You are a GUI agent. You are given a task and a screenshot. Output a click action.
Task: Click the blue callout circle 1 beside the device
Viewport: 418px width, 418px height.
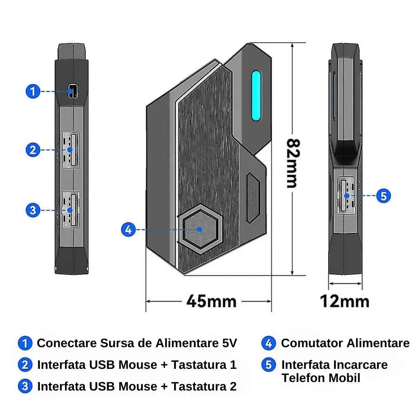tap(33, 91)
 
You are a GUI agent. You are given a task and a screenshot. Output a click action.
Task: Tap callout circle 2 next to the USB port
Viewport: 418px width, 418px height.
tap(33, 150)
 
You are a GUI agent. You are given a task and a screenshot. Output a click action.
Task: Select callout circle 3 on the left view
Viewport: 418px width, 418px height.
tap(33, 210)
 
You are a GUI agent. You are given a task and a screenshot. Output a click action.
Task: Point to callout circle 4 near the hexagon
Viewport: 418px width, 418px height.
tap(128, 230)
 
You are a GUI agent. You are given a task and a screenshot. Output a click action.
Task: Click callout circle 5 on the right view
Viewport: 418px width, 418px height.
tap(383, 196)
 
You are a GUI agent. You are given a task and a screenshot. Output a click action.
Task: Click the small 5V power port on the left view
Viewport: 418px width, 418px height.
tap(72, 91)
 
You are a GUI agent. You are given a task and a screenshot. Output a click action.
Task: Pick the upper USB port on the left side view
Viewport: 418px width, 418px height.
tap(71, 150)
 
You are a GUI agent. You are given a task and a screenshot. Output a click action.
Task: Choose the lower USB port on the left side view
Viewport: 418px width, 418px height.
tap(71, 210)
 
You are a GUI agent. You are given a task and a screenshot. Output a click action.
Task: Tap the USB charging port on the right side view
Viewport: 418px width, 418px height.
tap(346, 196)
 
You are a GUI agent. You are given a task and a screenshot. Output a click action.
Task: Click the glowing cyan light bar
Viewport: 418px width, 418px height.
tap(256, 96)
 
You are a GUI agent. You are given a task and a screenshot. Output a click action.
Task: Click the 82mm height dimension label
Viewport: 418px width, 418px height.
tap(293, 163)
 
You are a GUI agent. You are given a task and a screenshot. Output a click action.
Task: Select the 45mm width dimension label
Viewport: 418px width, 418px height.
tap(211, 302)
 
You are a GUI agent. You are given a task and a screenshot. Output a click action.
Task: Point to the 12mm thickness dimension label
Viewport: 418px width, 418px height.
tap(345, 302)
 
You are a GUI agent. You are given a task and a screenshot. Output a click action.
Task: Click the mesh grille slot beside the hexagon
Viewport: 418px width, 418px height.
tap(253, 198)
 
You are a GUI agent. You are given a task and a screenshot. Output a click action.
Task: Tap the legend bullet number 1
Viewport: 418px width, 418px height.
tap(25, 343)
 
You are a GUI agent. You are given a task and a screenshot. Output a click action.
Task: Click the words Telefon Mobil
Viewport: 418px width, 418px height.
tap(321, 378)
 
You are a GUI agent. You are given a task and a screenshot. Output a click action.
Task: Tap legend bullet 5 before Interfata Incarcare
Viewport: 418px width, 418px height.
tap(269, 365)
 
